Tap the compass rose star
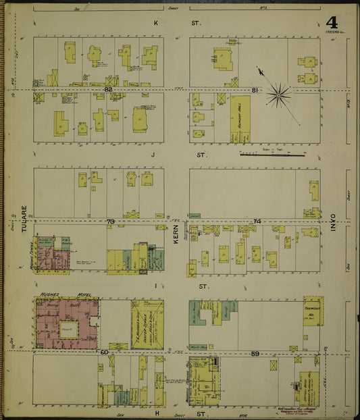point(278,95)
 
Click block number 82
point(108,89)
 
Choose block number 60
point(105,352)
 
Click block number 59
point(255,352)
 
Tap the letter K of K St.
point(156,23)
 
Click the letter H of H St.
point(155,411)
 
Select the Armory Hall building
point(240,118)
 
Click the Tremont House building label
point(313,310)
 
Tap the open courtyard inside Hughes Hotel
point(68,330)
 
